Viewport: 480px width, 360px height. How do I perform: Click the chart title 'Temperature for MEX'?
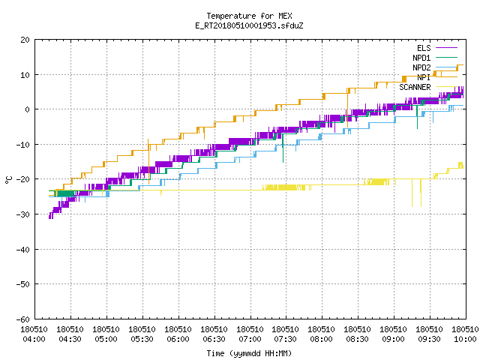[x=249, y=16]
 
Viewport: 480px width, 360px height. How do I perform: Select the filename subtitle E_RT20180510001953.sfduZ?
[x=249, y=25]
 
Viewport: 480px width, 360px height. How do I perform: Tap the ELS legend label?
[x=424, y=48]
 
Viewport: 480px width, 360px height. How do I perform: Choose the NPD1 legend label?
[x=421, y=58]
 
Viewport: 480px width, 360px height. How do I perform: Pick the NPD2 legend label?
[x=421, y=67]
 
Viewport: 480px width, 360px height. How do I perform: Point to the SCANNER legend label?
[x=415, y=87]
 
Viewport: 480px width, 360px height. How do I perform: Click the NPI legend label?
[x=424, y=77]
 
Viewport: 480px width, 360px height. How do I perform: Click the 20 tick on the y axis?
[x=25, y=40]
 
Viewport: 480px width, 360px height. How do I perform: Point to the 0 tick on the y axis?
[x=28, y=109]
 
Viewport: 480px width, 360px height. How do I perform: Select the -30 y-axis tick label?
[x=22, y=214]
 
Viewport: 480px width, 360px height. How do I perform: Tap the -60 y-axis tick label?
[x=22, y=319]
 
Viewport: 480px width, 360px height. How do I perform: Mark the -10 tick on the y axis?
[x=22, y=145]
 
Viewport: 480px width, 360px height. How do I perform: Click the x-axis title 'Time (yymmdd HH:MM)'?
[x=249, y=353]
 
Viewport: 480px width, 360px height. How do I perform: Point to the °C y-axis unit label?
[x=8, y=180]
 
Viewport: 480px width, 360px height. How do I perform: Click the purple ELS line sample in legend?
[x=446, y=48]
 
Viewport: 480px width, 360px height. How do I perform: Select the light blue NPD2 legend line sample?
[x=446, y=67]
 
